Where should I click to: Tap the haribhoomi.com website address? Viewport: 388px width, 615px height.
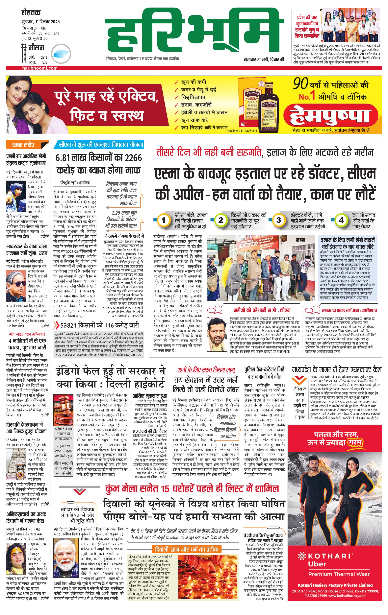(x=40, y=68)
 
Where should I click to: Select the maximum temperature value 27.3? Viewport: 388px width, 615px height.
(x=44, y=58)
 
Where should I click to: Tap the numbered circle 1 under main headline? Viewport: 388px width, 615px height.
(x=163, y=220)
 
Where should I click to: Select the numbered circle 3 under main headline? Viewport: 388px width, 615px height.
(x=279, y=220)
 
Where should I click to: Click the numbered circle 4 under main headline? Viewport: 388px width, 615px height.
(x=341, y=220)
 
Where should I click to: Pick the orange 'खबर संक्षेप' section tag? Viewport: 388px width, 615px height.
(x=23, y=145)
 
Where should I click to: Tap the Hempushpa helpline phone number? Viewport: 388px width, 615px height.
(x=242, y=131)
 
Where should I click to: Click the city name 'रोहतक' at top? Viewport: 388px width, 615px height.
(x=31, y=12)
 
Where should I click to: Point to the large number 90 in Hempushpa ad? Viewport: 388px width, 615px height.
(x=301, y=83)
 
